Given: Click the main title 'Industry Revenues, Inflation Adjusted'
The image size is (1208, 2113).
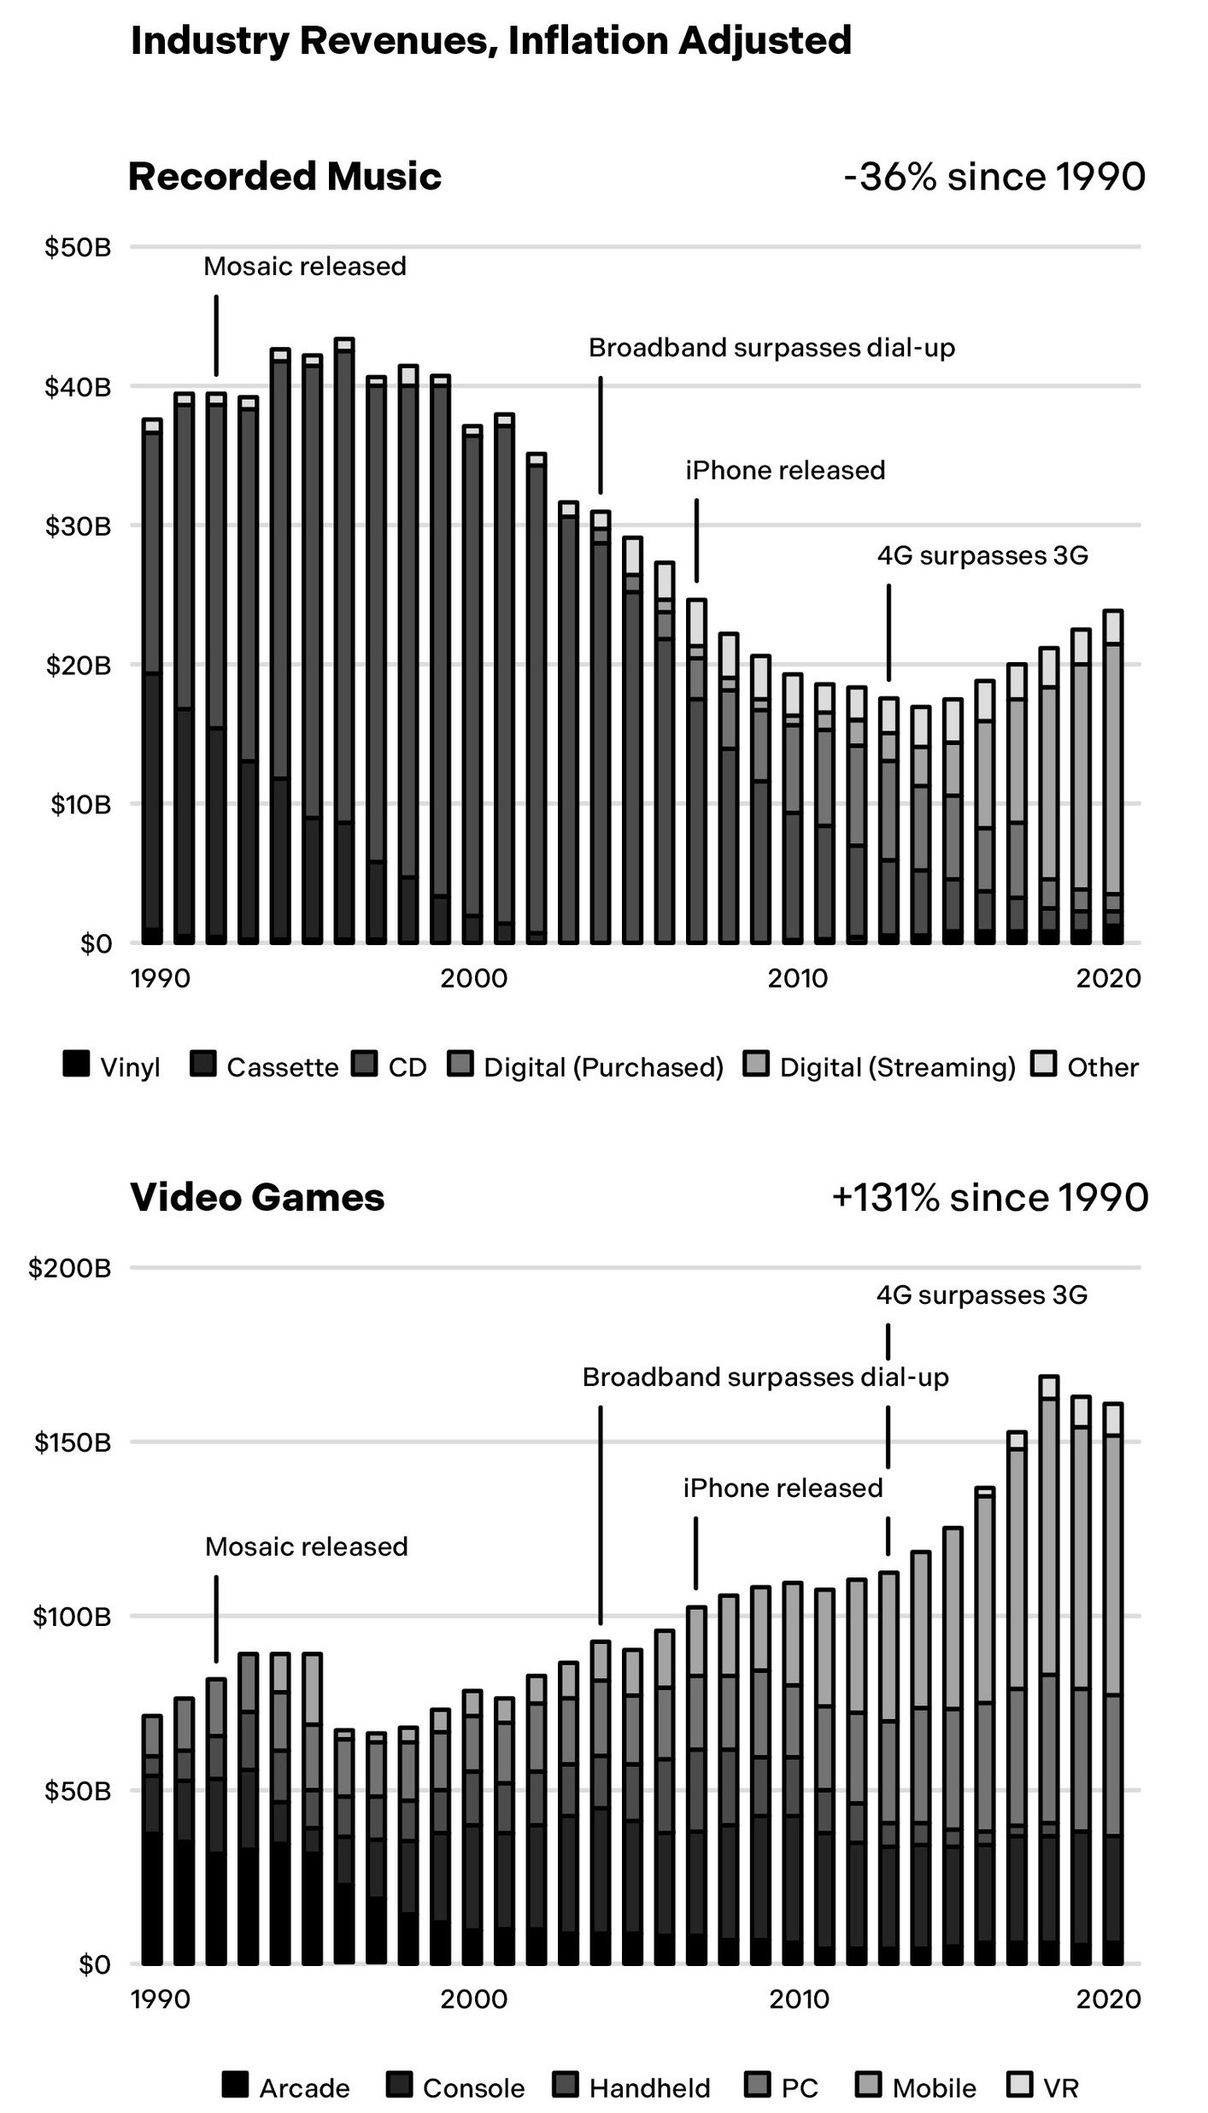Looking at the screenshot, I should click(x=490, y=41).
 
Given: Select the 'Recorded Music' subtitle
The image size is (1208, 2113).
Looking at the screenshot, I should click(x=284, y=177).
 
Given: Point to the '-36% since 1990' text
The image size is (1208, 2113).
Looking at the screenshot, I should click(x=994, y=177).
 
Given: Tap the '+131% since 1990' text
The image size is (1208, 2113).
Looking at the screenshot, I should click(x=989, y=1197).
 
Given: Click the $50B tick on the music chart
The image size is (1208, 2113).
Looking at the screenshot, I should click(x=79, y=248).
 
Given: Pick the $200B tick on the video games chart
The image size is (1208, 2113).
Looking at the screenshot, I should click(x=70, y=1267).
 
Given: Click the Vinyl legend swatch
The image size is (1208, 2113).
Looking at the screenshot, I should click(x=76, y=1065).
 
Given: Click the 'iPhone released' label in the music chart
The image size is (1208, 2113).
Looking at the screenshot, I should click(x=784, y=471).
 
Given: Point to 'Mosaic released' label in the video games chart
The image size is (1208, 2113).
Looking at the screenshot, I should click(x=306, y=1547).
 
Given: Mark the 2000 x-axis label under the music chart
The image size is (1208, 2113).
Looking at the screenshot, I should click(x=473, y=977).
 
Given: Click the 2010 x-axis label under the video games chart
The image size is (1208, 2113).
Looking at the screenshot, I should click(x=799, y=1999).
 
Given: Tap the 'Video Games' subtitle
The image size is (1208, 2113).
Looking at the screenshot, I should click(x=257, y=1197).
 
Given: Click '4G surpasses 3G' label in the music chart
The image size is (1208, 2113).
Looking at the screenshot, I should click(x=982, y=556).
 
